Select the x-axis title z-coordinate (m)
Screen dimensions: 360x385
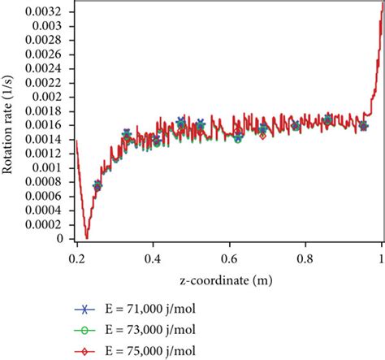coord(230,280)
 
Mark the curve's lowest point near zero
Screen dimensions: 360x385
coord(87,237)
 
